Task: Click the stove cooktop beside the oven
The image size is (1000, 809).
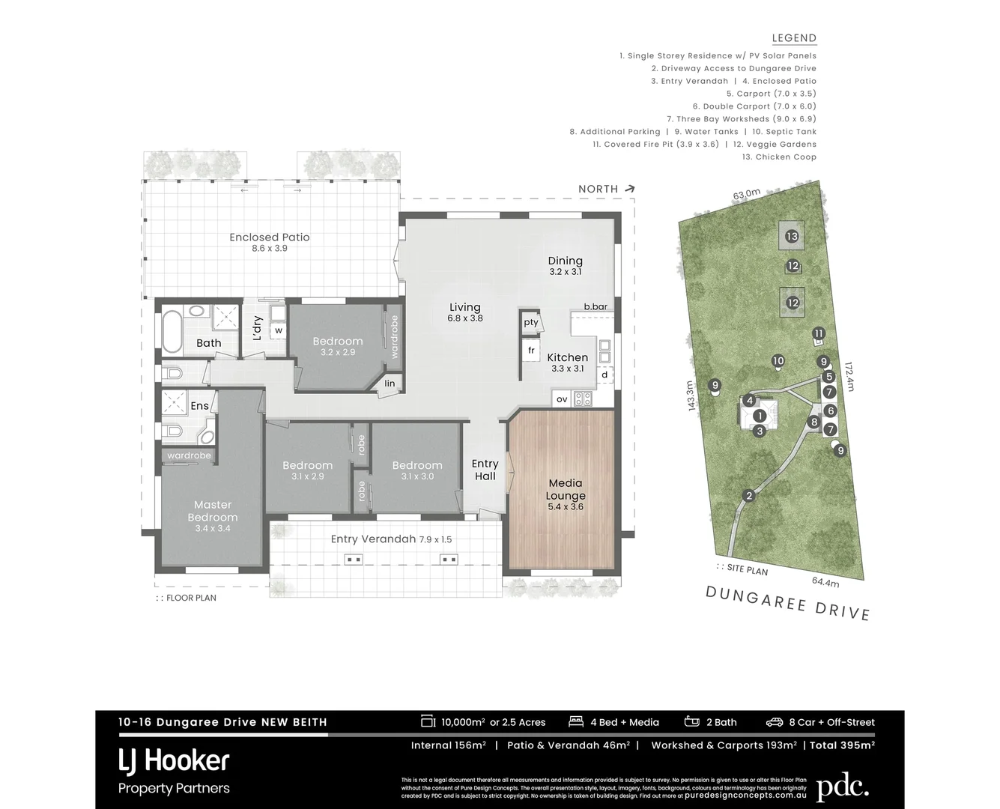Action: tap(583, 399)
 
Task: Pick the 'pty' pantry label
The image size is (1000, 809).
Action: tap(531, 322)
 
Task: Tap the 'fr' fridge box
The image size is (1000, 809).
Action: tap(531, 350)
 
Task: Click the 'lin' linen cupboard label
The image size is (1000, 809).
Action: tap(390, 384)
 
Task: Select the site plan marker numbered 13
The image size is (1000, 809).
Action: tap(792, 236)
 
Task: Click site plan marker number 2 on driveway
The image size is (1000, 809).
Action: tap(748, 496)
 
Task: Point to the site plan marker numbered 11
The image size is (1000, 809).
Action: tap(819, 333)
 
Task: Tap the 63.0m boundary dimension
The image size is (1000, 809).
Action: tap(746, 194)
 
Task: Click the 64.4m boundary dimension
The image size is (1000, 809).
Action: tap(825, 581)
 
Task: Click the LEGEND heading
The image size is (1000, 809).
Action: tap(794, 38)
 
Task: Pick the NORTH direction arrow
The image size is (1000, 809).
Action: tap(629, 189)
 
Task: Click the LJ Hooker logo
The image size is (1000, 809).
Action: tap(174, 761)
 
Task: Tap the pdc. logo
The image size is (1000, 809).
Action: tap(842, 787)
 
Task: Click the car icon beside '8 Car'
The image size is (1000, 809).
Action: tap(774, 722)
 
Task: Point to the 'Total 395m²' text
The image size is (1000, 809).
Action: tap(842, 745)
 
